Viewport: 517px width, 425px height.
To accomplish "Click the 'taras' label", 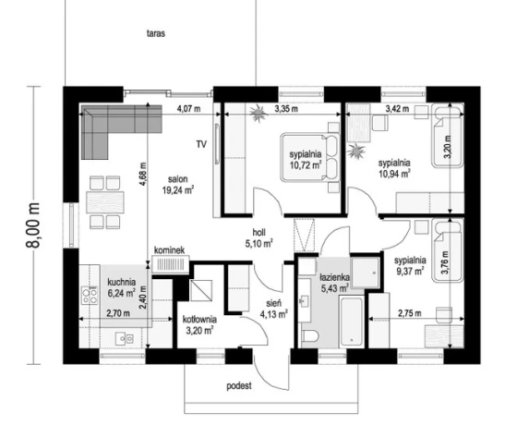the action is [x=156, y=33].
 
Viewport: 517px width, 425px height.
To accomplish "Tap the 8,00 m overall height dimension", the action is [x=33, y=225].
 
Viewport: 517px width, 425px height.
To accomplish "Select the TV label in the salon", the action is [x=201, y=144].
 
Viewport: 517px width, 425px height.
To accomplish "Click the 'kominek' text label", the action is [x=169, y=250].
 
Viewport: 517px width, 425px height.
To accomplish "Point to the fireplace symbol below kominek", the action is [x=171, y=264].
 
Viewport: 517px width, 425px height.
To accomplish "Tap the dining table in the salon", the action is [x=105, y=202].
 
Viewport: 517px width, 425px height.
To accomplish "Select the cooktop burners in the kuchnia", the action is [x=90, y=296].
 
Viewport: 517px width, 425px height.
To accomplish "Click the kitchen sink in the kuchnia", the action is [x=125, y=338].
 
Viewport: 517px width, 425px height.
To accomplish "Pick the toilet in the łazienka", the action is [x=309, y=337].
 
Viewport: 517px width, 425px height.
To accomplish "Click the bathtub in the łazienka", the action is [x=352, y=322].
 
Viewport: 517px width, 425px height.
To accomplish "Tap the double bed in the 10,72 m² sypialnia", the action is [x=310, y=157].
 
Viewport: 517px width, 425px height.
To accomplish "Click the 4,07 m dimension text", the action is [x=188, y=108].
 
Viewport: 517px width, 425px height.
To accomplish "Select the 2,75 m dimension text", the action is [x=410, y=313].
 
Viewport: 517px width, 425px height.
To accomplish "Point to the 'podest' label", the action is [x=239, y=386].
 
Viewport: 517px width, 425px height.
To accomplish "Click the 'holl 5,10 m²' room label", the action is [x=258, y=238].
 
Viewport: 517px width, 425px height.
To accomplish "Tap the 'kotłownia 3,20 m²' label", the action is [x=199, y=324].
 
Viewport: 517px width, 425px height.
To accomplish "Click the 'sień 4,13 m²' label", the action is [x=274, y=309].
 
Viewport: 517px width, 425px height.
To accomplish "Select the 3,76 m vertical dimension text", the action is [x=444, y=262].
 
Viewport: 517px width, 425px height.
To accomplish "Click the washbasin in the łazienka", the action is [x=305, y=300].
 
